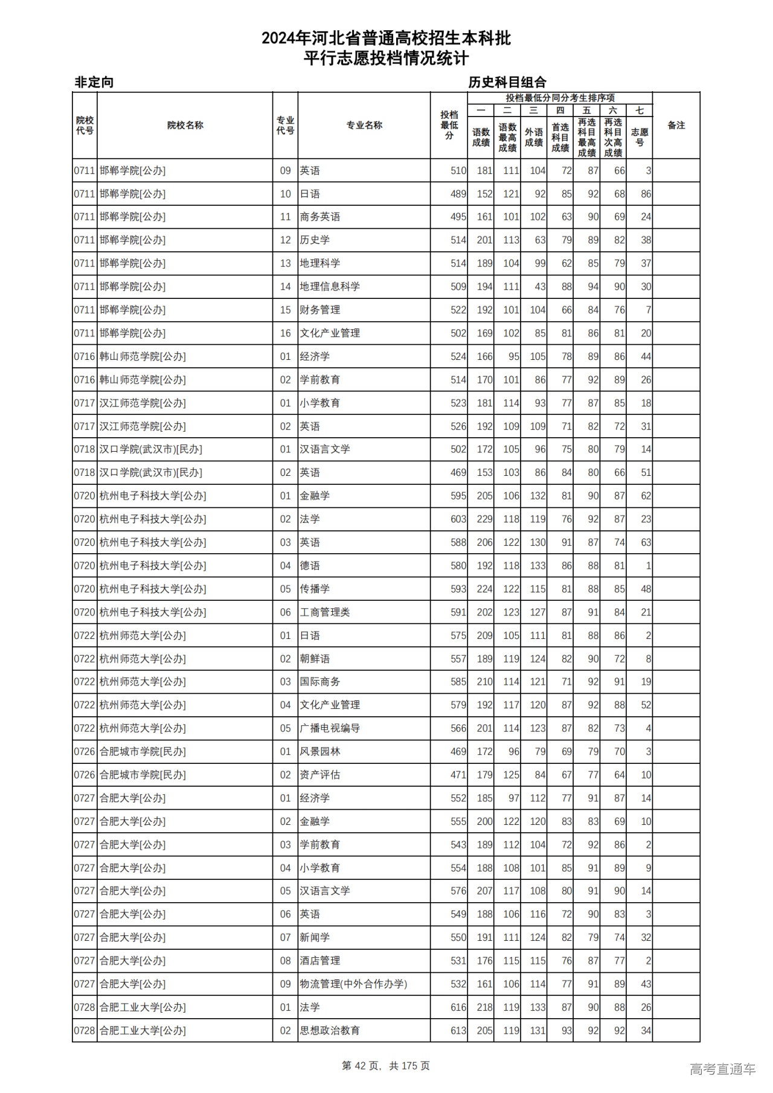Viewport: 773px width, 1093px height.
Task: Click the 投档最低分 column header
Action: pyautogui.click(x=449, y=125)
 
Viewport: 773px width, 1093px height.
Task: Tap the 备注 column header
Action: pyautogui.click(x=676, y=125)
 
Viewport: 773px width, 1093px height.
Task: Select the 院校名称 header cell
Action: pyautogui.click(x=185, y=125)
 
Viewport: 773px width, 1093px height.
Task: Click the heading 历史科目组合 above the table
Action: pyautogui.click(x=507, y=82)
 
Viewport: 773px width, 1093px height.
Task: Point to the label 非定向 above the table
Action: pyautogui.click(x=94, y=82)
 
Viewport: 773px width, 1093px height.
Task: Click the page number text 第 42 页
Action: pyautogui.click(x=362, y=1066)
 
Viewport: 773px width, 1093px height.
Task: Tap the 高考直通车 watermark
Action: pyautogui.click(x=722, y=1069)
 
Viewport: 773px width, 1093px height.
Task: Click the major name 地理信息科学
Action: pyautogui.click(x=330, y=286)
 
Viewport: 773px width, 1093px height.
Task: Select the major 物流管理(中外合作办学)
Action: pyautogui.click(x=353, y=984)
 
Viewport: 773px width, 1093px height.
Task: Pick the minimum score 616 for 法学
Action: pyautogui.click(x=458, y=1007)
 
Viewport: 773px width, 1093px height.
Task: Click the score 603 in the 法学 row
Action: pyautogui.click(x=458, y=519)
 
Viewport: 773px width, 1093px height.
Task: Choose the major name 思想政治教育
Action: pyautogui.click(x=330, y=1030)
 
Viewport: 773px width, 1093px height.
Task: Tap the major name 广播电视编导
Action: pyautogui.click(x=330, y=728)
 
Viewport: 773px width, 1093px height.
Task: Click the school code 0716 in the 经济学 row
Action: pyautogui.click(x=85, y=356)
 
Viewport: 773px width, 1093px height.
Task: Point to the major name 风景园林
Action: pyautogui.click(x=320, y=751)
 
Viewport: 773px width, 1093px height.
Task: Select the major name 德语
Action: pyautogui.click(x=310, y=565)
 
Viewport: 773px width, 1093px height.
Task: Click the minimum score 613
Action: pyautogui.click(x=458, y=1030)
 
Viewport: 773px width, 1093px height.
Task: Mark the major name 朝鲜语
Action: pyautogui.click(x=315, y=659)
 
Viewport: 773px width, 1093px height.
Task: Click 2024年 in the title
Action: pyautogui.click(x=286, y=39)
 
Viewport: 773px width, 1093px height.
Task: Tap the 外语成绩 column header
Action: pyautogui.click(x=533, y=137)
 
